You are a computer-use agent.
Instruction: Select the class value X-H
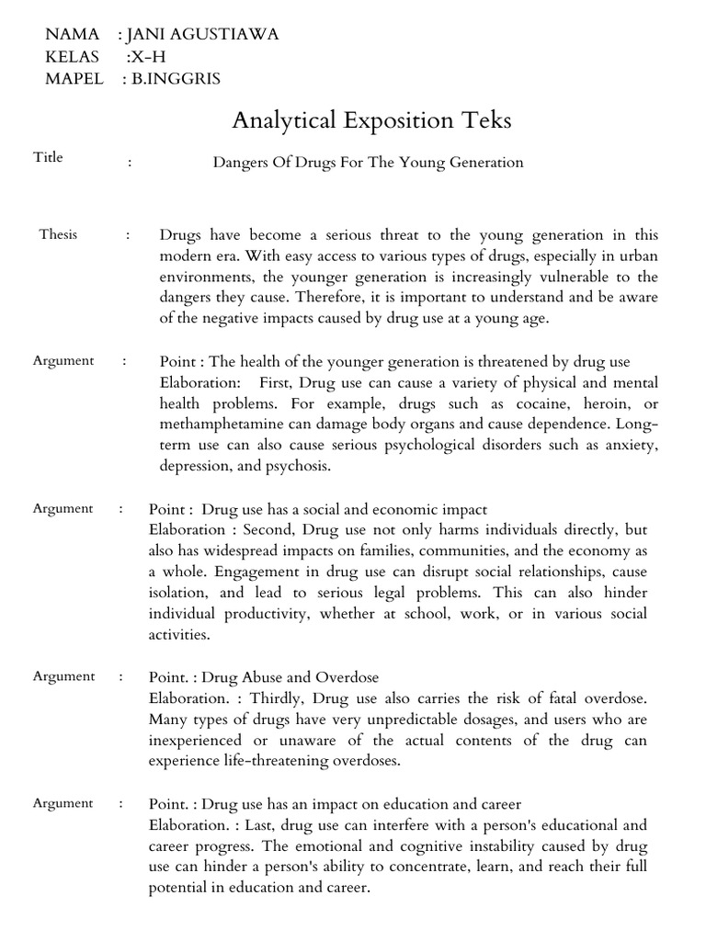click(x=145, y=57)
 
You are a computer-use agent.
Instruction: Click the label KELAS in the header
click(x=72, y=57)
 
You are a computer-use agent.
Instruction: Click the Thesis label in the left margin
click(x=58, y=234)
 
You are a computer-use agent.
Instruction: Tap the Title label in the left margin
click(x=48, y=157)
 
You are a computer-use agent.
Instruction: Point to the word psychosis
click(x=299, y=467)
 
